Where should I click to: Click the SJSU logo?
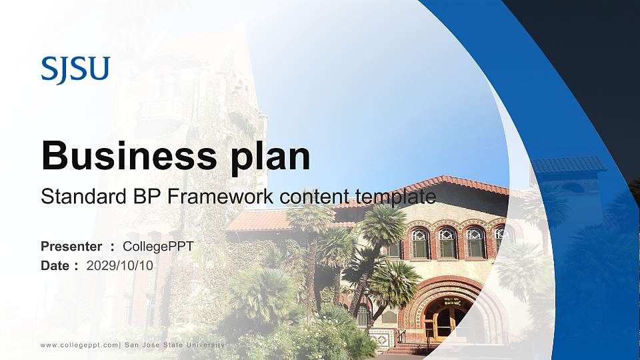[x=75, y=70]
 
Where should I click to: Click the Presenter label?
[x=71, y=247]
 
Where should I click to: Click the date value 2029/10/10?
[x=120, y=266]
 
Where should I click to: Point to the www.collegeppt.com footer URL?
[x=79, y=345]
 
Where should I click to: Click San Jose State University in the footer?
[x=175, y=345]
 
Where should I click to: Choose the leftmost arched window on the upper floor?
[x=419, y=243]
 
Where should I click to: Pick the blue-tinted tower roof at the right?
[x=568, y=165]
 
